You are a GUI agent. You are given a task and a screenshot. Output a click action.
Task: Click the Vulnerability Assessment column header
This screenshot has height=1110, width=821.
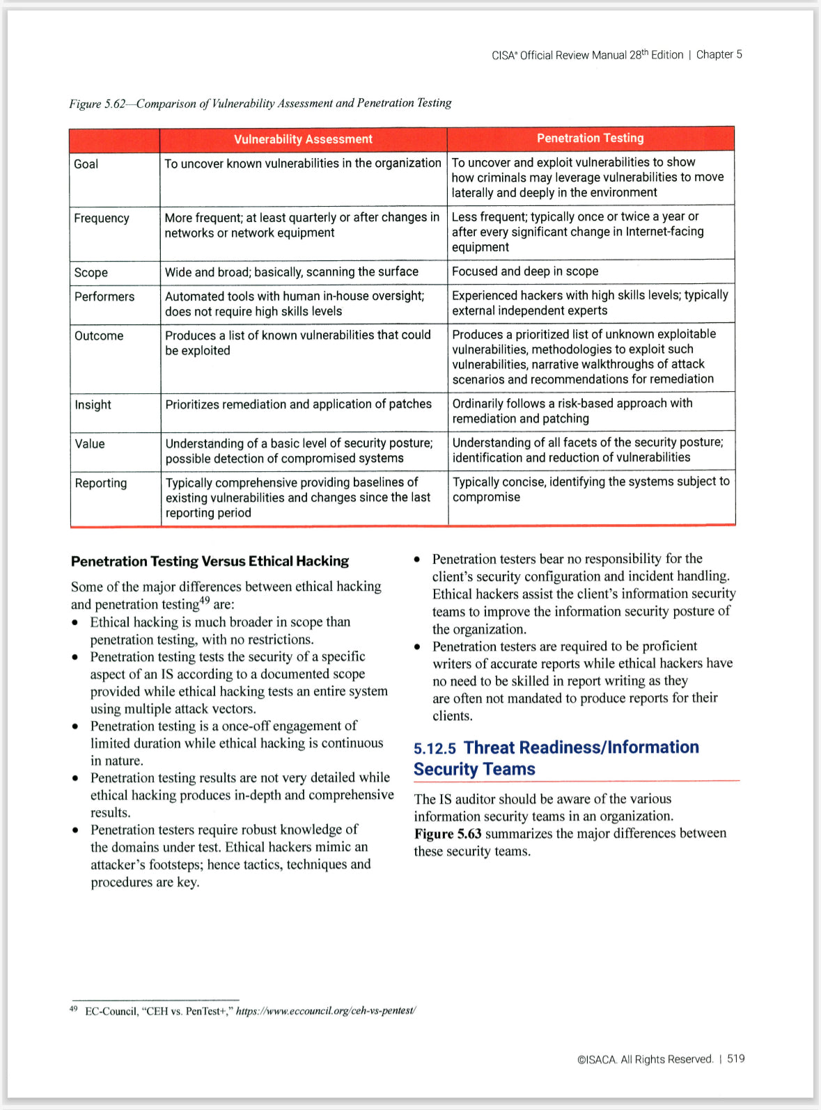(x=303, y=139)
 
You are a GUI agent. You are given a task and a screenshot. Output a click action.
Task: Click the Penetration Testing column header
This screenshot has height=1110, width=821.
(x=590, y=138)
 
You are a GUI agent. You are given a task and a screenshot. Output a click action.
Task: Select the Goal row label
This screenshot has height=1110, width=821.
(x=86, y=164)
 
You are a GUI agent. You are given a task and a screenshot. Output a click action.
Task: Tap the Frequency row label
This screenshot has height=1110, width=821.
(x=102, y=219)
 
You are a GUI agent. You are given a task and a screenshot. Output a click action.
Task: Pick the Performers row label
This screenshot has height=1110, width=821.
(x=104, y=296)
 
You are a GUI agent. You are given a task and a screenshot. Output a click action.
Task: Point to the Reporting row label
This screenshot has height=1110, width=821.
(x=101, y=483)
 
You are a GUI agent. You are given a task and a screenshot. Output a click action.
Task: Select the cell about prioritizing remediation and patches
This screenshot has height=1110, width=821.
(x=298, y=404)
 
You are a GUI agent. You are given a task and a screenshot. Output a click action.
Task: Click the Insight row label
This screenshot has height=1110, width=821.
(x=93, y=405)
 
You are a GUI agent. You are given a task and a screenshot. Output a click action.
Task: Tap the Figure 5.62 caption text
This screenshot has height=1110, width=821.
(x=260, y=104)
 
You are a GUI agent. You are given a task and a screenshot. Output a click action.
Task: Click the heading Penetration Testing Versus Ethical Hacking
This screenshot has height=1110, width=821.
(x=210, y=561)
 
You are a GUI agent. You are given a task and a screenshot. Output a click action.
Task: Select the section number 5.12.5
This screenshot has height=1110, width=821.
(x=435, y=749)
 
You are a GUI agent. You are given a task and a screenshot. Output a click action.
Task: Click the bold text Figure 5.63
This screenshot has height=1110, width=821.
(x=448, y=834)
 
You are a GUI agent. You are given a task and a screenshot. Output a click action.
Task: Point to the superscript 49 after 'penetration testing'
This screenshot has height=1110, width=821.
(x=204, y=601)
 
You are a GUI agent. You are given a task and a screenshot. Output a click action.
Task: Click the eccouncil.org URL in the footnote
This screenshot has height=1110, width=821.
(x=326, y=1010)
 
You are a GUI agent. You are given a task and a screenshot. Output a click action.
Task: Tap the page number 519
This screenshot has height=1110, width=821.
(x=735, y=1059)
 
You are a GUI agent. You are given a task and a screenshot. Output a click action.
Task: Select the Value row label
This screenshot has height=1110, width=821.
(x=90, y=444)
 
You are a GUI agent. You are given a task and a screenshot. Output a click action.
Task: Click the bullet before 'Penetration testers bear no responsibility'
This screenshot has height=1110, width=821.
(x=416, y=560)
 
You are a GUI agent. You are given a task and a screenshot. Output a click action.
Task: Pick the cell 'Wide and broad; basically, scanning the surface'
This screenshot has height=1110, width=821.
(x=291, y=272)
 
